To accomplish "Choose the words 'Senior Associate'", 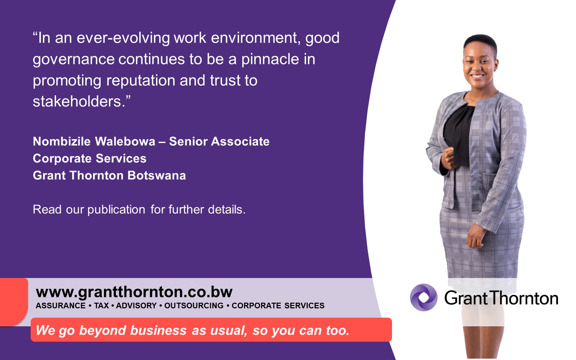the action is click(219, 141).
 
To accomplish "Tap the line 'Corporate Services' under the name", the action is click(90, 158).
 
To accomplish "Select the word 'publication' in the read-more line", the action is click(116, 210).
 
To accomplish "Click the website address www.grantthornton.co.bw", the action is click(134, 292).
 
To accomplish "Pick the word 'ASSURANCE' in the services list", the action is click(61, 306).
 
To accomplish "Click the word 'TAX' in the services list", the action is click(101, 306).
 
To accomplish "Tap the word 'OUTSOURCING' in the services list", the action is click(194, 306).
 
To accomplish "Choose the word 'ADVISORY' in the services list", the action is click(136, 306).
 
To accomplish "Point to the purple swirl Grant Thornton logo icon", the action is click(423, 297).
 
